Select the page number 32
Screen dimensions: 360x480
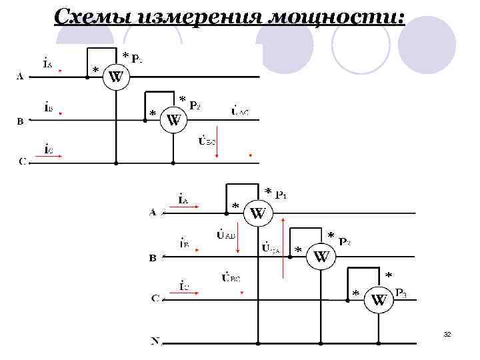tap(447, 333)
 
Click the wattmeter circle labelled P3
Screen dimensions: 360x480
tap(379, 300)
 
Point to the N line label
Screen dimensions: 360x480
tap(155, 341)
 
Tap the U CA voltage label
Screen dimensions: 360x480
tap(271, 248)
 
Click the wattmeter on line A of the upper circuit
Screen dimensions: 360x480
tap(116, 77)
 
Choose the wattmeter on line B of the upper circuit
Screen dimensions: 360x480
tap(173, 121)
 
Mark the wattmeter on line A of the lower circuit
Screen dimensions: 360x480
tap(258, 213)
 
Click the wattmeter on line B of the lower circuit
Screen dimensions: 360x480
tap(321, 257)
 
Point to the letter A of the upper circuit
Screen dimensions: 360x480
tap(21, 77)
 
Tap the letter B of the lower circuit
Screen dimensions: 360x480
tap(153, 257)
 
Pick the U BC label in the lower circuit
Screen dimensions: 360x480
tap(231, 277)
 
